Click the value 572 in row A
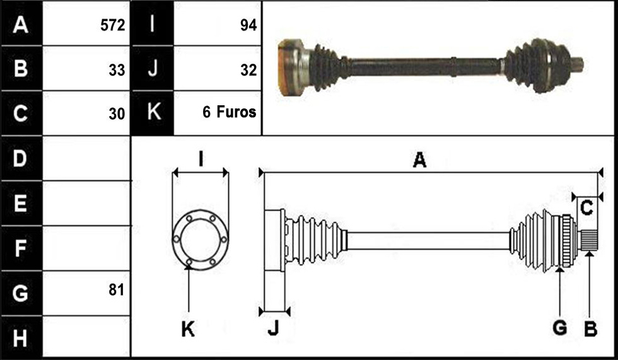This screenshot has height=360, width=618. click(x=112, y=25)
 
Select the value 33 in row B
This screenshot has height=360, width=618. click(x=117, y=70)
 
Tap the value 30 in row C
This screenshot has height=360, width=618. click(x=117, y=114)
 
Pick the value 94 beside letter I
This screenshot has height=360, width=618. click(x=248, y=25)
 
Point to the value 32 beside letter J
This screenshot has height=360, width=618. click(x=248, y=70)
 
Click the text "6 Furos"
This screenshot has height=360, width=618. click(x=230, y=112)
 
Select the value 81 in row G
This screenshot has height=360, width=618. click(x=117, y=290)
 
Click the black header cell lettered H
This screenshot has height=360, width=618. click(x=21, y=337)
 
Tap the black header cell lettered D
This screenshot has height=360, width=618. click(x=21, y=158)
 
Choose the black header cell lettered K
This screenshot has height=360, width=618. click(x=153, y=113)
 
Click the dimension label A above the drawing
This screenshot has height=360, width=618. click(x=420, y=160)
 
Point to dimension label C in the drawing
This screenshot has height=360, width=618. click(x=587, y=207)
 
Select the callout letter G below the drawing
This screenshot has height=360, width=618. click(x=560, y=328)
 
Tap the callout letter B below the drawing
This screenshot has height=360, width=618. click(x=590, y=328)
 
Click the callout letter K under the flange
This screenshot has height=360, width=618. click(x=188, y=328)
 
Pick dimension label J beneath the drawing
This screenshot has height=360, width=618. click(x=273, y=327)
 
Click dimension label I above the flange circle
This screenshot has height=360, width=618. click(x=201, y=160)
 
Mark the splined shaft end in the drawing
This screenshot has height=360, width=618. click(x=588, y=240)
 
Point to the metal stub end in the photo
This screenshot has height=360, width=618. click(x=577, y=64)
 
